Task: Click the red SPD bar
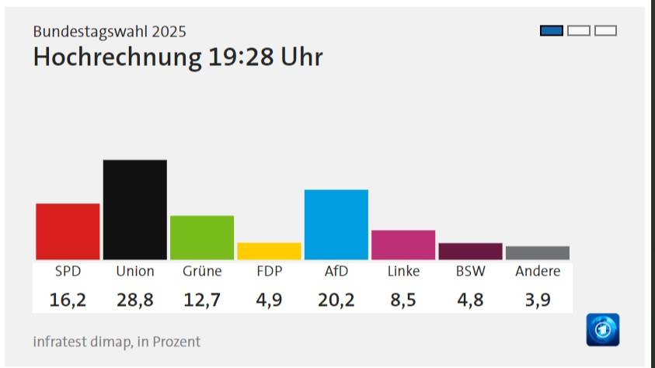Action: (x=68, y=231)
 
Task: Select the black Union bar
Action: (x=134, y=210)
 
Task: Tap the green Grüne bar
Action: (x=202, y=238)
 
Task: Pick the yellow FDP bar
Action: (x=269, y=251)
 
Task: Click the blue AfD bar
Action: (x=336, y=224)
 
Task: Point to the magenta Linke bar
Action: (x=403, y=245)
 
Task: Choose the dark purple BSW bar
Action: (x=470, y=251)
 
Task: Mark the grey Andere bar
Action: (x=537, y=252)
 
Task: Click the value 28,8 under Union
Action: (x=134, y=299)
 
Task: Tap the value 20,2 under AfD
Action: (x=336, y=299)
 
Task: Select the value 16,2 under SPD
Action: (x=68, y=299)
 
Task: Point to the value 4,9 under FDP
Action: (x=269, y=299)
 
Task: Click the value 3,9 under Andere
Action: (x=537, y=299)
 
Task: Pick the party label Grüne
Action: (x=202, y=271)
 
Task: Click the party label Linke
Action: (x=403, y=271)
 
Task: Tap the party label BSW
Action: (x=470, y=271)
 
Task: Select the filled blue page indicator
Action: (x=552, y=31)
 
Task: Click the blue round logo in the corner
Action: (x=603, y=329)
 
